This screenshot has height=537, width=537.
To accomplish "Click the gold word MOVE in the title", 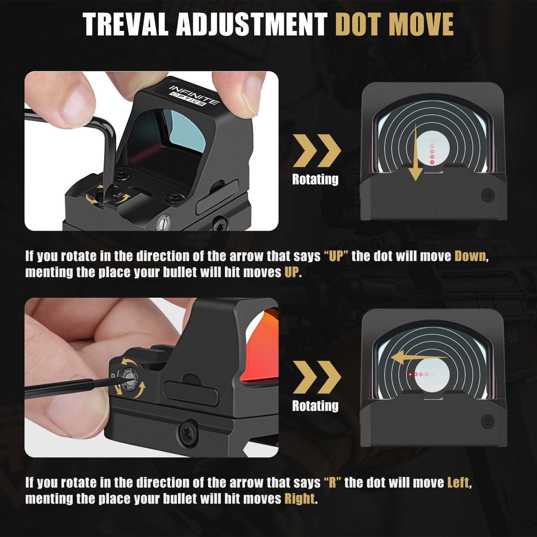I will click(423, 25).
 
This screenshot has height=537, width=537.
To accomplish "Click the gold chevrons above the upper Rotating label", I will click(317, 151).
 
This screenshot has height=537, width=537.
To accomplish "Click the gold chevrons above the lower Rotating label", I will click(317, 377).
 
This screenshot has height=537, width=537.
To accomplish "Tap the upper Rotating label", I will click(315, 179).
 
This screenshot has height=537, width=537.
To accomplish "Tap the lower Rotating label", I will click(315, 406).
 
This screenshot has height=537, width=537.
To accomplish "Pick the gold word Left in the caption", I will click(458, 482).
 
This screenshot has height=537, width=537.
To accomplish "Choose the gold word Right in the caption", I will click(300, 498).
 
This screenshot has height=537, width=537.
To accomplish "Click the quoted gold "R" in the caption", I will click(332, 482).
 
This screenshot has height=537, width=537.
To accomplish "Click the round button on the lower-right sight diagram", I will click(488, 421).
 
